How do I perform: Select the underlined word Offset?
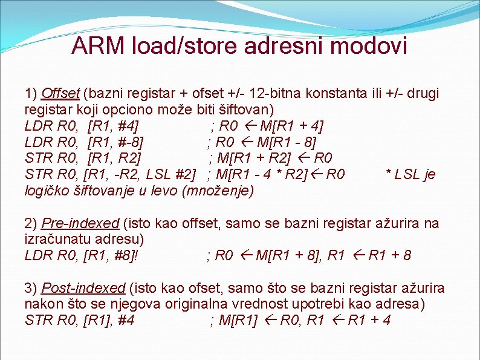point(60,94)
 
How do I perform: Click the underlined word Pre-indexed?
point(80,224)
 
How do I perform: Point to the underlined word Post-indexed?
point(83,288)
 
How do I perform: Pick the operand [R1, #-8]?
point(115,143)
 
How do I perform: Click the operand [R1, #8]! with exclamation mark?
point(113,255)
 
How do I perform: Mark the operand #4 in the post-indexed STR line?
point(126,319)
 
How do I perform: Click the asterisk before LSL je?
point(389,175)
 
